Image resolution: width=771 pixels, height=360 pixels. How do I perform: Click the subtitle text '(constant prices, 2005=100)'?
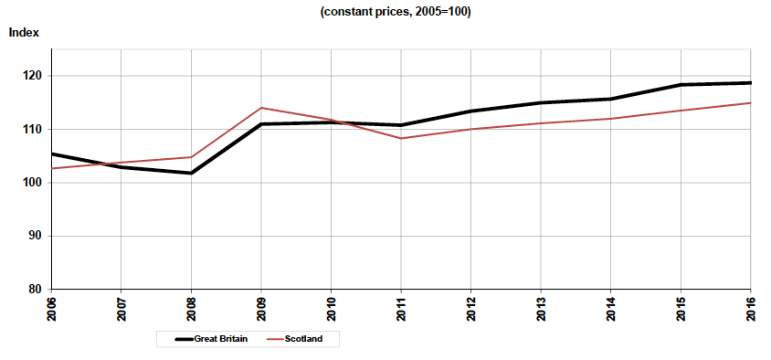[x=395, y=13]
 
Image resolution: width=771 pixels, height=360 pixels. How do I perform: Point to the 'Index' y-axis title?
[x=24, y=33]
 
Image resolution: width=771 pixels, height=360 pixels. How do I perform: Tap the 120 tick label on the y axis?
[x=36, y=76]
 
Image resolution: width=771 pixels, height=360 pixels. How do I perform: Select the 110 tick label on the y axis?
[x=36, y=130]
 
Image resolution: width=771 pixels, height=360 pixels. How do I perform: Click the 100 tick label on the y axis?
[x=36, y=183]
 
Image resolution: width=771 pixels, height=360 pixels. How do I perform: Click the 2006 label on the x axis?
[x=51, y=309]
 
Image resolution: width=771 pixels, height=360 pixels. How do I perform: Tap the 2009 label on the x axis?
[x=261, y=309]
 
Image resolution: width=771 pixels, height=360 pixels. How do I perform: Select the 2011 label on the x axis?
[x=401, y=309]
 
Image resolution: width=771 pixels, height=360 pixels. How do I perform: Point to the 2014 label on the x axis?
[x=611, y=309]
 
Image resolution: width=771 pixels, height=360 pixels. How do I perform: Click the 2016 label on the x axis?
[x=751, y=309]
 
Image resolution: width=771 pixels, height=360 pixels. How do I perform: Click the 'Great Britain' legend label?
[x=235, y=339]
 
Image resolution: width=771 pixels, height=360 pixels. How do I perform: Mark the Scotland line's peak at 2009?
[x=261, y=108]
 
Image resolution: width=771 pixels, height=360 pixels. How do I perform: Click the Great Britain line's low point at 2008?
[x=191, y=173]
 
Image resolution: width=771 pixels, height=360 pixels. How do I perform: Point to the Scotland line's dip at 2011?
[x=401, y=138]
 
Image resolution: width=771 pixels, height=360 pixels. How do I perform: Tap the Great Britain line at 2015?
[x=681, y=85]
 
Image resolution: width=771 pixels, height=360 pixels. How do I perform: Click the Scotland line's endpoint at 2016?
[x=750, y=103]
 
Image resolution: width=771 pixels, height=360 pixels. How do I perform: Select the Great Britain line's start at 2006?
[x=52, y=154]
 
